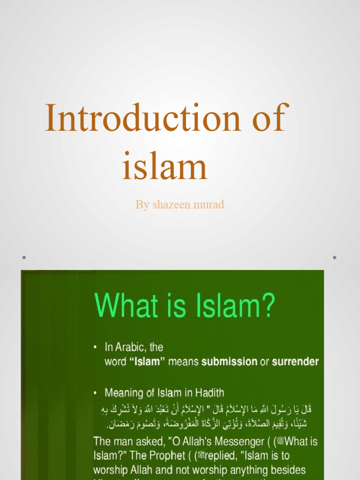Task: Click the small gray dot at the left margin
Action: click(23, 257)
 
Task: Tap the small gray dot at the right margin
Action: click(335, 257)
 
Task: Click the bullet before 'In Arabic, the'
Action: click(96, 348)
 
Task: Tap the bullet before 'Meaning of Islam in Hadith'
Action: click(96, 393)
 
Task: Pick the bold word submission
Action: click(229, 362)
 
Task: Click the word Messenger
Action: click(237, 442)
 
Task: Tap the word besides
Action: click(285, 470)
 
